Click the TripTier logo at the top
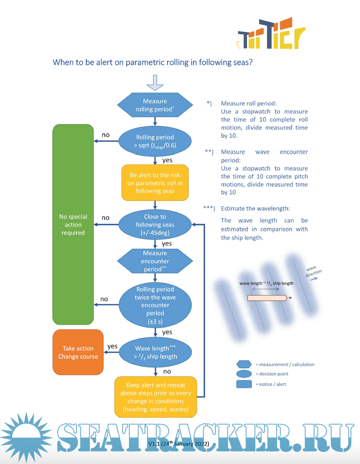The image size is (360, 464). [x=271, y=34]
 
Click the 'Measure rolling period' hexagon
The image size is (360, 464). [x=155, y=105]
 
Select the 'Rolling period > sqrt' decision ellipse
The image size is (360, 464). [x=155, y=141]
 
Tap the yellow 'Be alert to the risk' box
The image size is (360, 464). [x=155, y=183]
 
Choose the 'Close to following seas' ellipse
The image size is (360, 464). [x=155, y=225]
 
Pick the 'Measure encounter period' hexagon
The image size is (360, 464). [x=155, y=261]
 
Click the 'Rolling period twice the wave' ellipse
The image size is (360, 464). [x=155, y=305]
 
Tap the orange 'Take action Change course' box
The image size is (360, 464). [x=78, y=352]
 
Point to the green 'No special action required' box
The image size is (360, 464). [x=73, y=225]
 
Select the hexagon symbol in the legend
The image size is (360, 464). [x=244, y=364]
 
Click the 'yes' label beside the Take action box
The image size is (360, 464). [x=112, y=346]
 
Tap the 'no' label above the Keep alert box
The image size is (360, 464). [x=167, y=371]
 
